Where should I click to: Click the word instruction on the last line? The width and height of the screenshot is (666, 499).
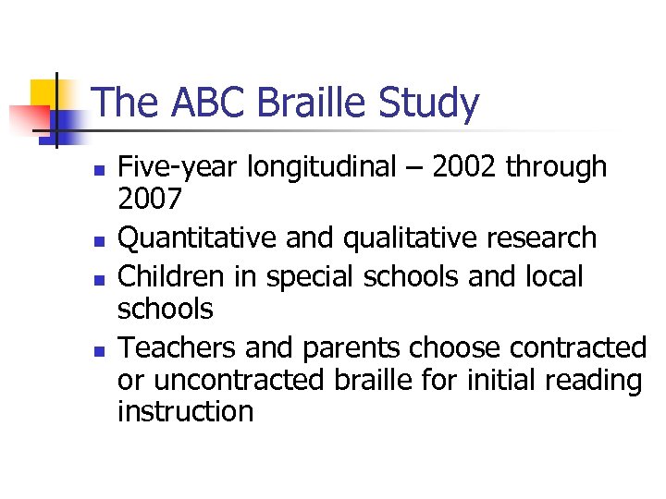(185, 410)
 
